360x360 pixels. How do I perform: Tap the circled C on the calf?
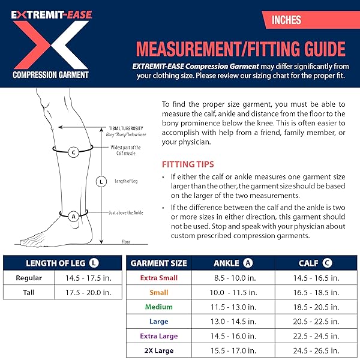coord(73,152)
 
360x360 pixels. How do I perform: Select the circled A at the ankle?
coord(73,215)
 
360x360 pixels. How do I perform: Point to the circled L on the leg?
coord(101,181)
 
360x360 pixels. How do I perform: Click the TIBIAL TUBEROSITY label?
coord(125,128)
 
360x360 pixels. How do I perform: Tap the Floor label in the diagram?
coord(126,241)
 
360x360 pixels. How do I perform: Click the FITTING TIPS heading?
coord(188,164)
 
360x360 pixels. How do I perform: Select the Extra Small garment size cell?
coord(158,278)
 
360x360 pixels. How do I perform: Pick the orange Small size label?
coord(158,292)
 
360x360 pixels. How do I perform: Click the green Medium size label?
coord(158,307)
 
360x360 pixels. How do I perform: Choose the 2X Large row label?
coord(158,350)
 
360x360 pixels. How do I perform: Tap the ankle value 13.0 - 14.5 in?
coord(235,321)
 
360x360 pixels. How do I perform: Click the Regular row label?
coord(29,278)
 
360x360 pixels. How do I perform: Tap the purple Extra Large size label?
coord(158,335)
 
